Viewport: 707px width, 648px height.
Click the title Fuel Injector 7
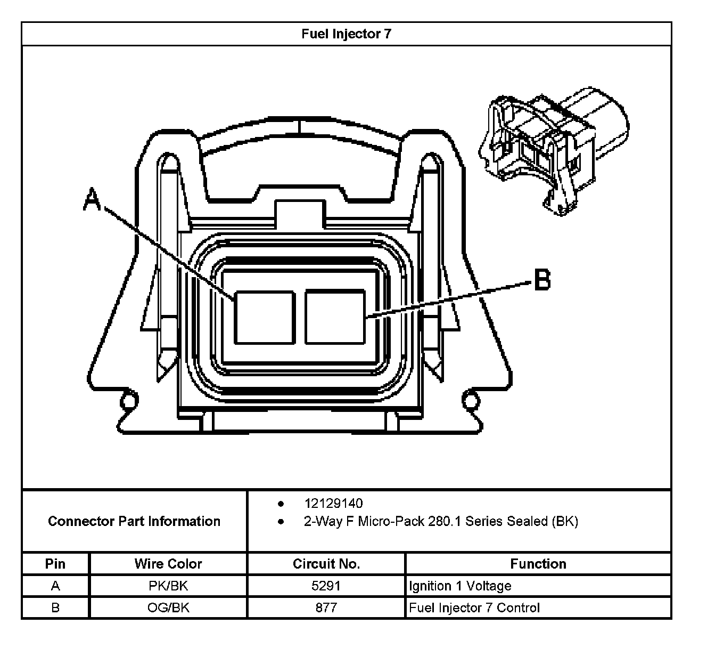coord(346,34)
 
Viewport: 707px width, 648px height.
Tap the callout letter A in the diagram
coord(92,199)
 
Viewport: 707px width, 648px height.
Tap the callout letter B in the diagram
coord(541,279)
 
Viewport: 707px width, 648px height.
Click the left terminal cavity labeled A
coord(265,318)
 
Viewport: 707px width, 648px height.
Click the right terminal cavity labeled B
coord(335,318)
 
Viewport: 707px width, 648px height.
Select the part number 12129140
coord(333,504)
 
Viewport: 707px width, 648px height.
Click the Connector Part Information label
coord(134,521)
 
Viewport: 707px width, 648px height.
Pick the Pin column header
coord(55,564)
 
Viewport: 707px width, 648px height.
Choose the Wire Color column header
coord(168,564)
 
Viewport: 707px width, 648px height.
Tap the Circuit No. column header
coord(326,564)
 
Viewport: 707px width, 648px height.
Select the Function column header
coord(538,564)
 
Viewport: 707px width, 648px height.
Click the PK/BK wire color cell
coord(168,586)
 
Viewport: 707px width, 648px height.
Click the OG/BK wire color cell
coord(168,608)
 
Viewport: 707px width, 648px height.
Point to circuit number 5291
coord(326,586)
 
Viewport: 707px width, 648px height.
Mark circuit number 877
coord(326,608)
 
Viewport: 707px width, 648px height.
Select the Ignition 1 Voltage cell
coord(460,586)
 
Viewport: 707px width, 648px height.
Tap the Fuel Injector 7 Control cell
coord(474,608)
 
